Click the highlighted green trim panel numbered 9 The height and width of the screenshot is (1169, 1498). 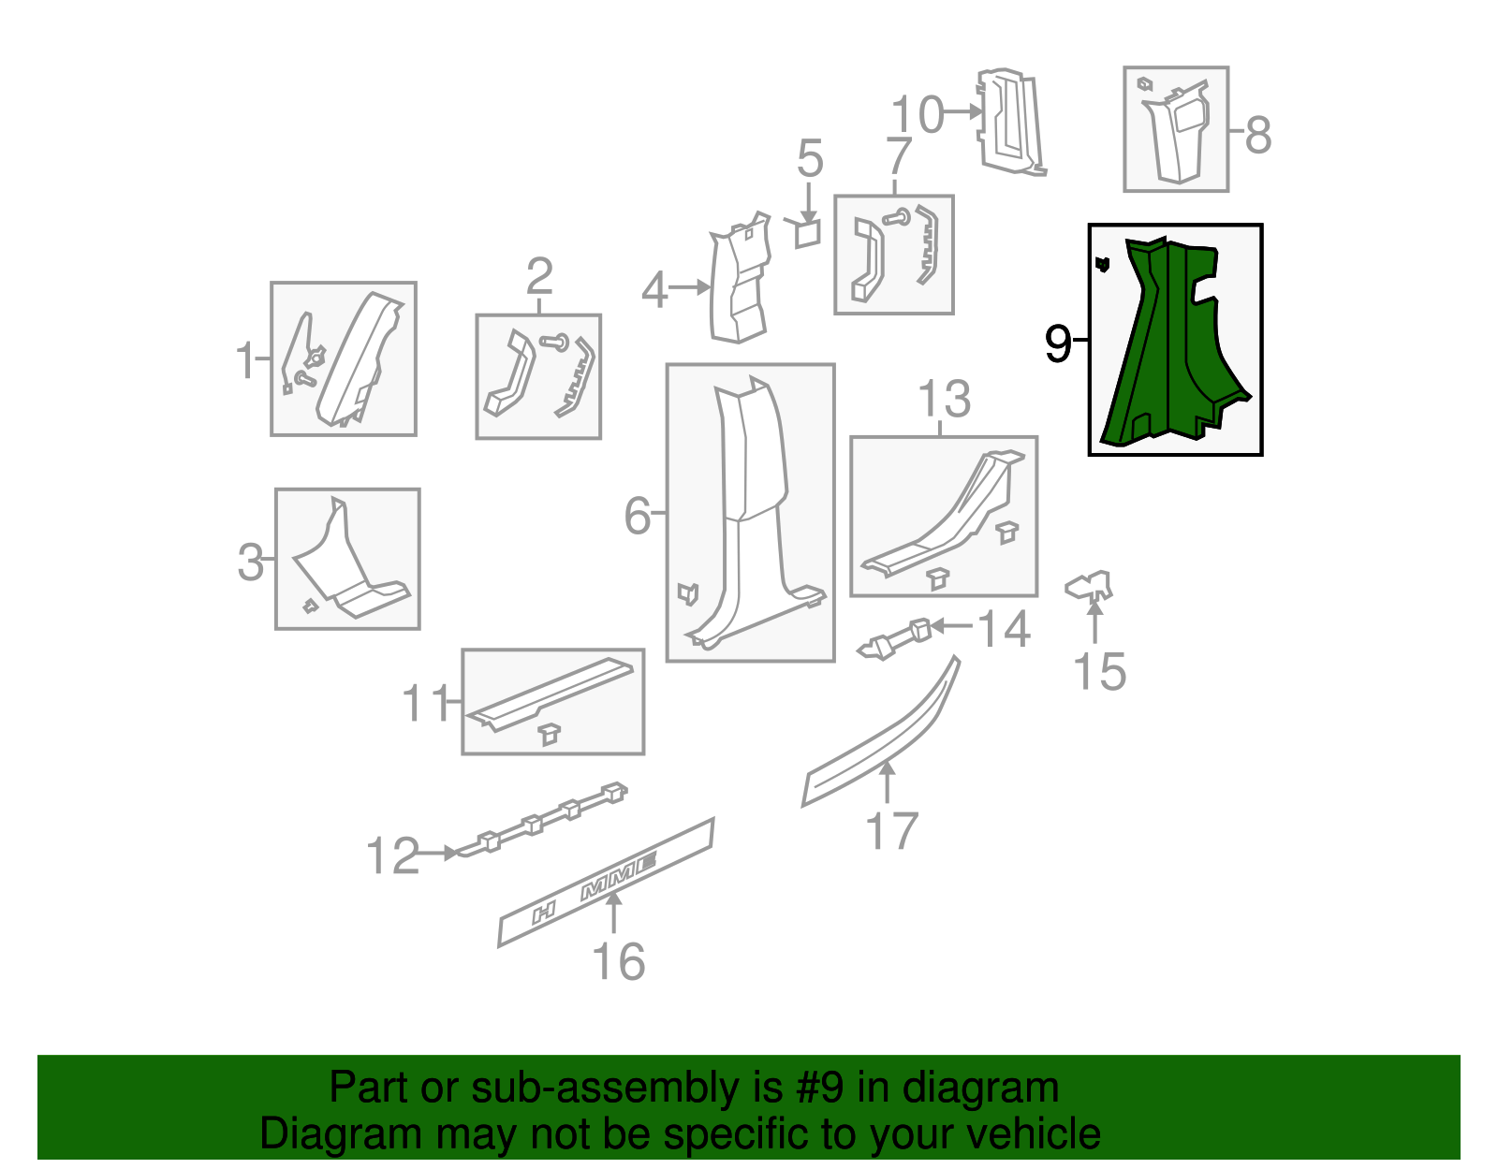pyautogui.click(x=1172, y=344)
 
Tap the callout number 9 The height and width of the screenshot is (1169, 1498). pyautogui.click(x=1058, y=343)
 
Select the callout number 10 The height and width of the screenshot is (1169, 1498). pyautogui.click(x=918, y=114)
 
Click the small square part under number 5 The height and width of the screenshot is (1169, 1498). pyautogui.click(x=807, y=234)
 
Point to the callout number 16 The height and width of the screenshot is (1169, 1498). pyautogui.click(x=618, y=961)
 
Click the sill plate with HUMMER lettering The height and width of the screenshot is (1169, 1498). pyautogui.click(x=607, y=882)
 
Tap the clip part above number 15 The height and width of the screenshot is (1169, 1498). pyautogui.click(x=1089, y=586)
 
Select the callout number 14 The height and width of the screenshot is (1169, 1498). pyautogui.click(x=1004, y=629)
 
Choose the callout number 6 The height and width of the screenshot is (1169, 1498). pyautogui.click(x=637, y=516)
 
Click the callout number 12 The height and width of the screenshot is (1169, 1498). pyautogui.click(x=392, y=855)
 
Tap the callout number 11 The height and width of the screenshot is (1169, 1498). pyautogui.click(x=425, y=703)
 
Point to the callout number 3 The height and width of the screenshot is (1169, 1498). pyautogui.click(x=250, y=562)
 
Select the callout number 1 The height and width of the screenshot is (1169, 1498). pyautogui.click(x=245, y=359)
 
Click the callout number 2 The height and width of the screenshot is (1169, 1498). pyautogui.click(x=539, y=276)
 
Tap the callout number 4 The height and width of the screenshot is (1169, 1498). pyautogui.click(x=654, y=289)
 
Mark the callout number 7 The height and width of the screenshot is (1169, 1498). pyautogui.click(x=898, y=155)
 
